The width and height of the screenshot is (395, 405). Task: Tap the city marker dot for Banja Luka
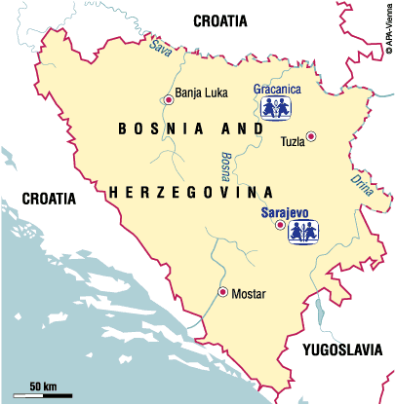pos(169,99)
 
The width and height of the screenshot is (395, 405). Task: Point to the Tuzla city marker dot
pos(311,136)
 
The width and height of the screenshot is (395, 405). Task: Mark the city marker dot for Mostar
pos(222,292)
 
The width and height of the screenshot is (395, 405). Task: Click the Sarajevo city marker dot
pos(281,229)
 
